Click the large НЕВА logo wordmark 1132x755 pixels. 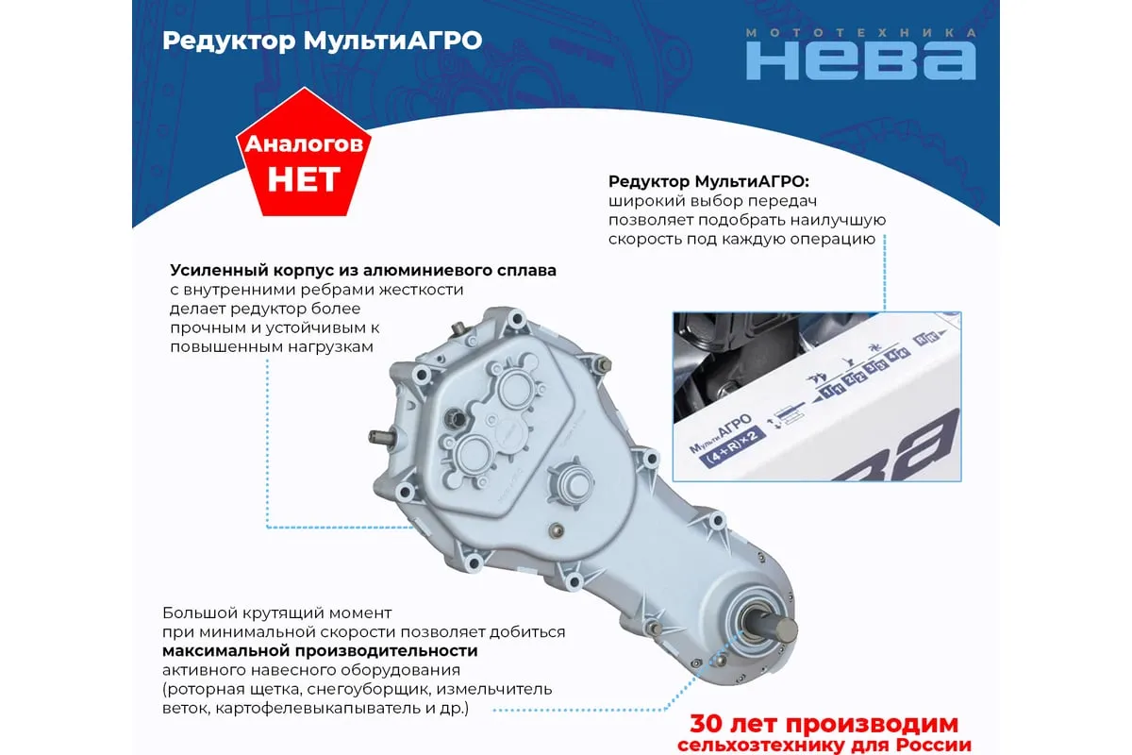[861, 60]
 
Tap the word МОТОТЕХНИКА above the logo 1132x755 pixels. [861, 32]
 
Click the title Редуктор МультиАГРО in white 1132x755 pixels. [323, 41]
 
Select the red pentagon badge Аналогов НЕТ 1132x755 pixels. [304, 152]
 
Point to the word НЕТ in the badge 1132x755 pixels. [304, 179]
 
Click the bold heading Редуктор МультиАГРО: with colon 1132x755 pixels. [708, 181]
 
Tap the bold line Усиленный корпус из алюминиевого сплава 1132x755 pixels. [363, 270]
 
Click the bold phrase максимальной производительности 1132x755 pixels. [320, 650]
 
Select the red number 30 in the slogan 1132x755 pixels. [707, 724]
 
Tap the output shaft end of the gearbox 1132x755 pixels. [786, 630]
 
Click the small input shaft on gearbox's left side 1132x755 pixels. [380, 437]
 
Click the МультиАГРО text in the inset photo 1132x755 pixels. [721, 433]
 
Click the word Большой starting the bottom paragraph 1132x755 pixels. [200, 612]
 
